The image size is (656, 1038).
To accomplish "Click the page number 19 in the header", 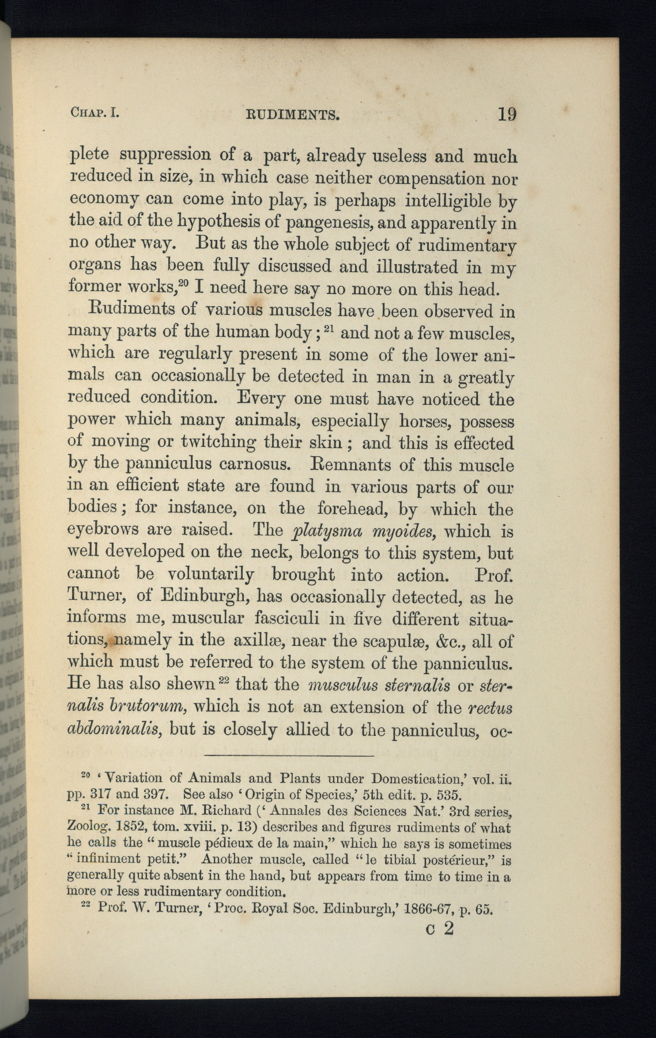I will pyautogui.click(x=507, y=114).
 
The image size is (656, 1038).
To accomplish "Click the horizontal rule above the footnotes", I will pyautogui.click(x=289, y=756).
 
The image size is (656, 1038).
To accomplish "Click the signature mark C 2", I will pyautogui.click(x=439, y=930).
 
